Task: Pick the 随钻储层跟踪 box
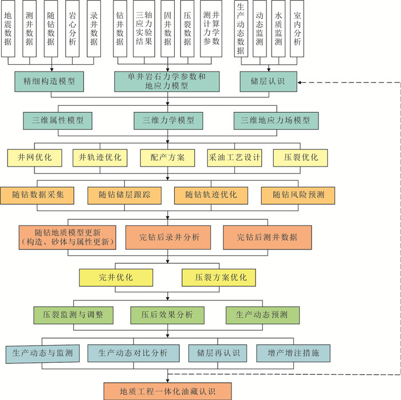pyautogui.click(x=123, y=195)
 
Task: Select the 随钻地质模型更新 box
pyautogui.click(x=68, y=236)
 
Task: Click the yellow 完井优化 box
pyautogui.click(x=116, y=278)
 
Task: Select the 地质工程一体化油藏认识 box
pyautogui.click(x=167, y=391)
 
